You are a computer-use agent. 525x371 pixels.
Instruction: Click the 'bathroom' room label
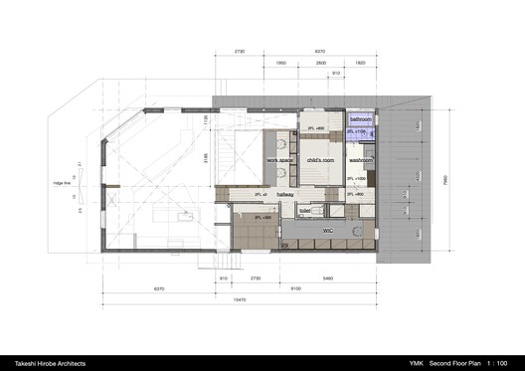[x=360, y=119]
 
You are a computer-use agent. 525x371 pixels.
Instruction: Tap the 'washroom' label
[x=361, y=159]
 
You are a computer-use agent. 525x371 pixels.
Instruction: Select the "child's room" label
[x=320, y=159]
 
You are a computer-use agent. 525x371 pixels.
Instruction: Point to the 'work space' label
[x=279, y=159]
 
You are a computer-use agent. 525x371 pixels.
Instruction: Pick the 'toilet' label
[x=304, y=211]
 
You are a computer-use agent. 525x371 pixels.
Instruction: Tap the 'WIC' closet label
[x=326, y=230]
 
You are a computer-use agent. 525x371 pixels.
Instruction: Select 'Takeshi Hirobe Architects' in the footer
[x=51, y=361]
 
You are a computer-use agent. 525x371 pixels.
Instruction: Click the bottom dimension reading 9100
[x=298, y=288]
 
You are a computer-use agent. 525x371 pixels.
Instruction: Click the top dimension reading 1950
[x=280, y=62]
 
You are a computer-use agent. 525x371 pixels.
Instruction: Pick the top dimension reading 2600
[x=321, y=62]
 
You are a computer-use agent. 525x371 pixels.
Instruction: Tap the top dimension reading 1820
[x=360, y=62]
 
